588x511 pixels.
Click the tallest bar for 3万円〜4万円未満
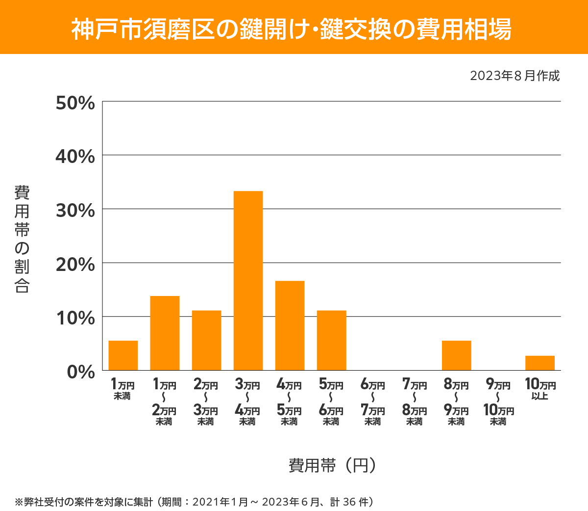point(248,280)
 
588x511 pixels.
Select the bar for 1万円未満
point(123,355)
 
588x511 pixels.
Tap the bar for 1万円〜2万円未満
point(165,333)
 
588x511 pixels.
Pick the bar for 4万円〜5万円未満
point(290,325)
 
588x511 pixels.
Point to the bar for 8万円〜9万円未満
point(456,355)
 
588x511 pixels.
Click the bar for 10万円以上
point(539,363)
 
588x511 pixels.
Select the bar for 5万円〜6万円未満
point(331,340)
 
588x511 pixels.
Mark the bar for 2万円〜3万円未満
point(206,340)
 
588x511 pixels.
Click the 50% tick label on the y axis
point(75,103)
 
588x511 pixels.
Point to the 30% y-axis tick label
point(75,211)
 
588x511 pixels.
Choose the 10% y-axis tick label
point(75,318)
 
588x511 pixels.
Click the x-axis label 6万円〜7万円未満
point(373,402)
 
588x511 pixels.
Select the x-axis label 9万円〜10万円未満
point(498,402)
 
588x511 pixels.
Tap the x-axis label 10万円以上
point(540,389)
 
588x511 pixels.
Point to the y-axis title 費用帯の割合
point(22,239)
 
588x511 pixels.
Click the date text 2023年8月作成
point(514,76)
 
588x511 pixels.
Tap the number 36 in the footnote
point(349,502)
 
